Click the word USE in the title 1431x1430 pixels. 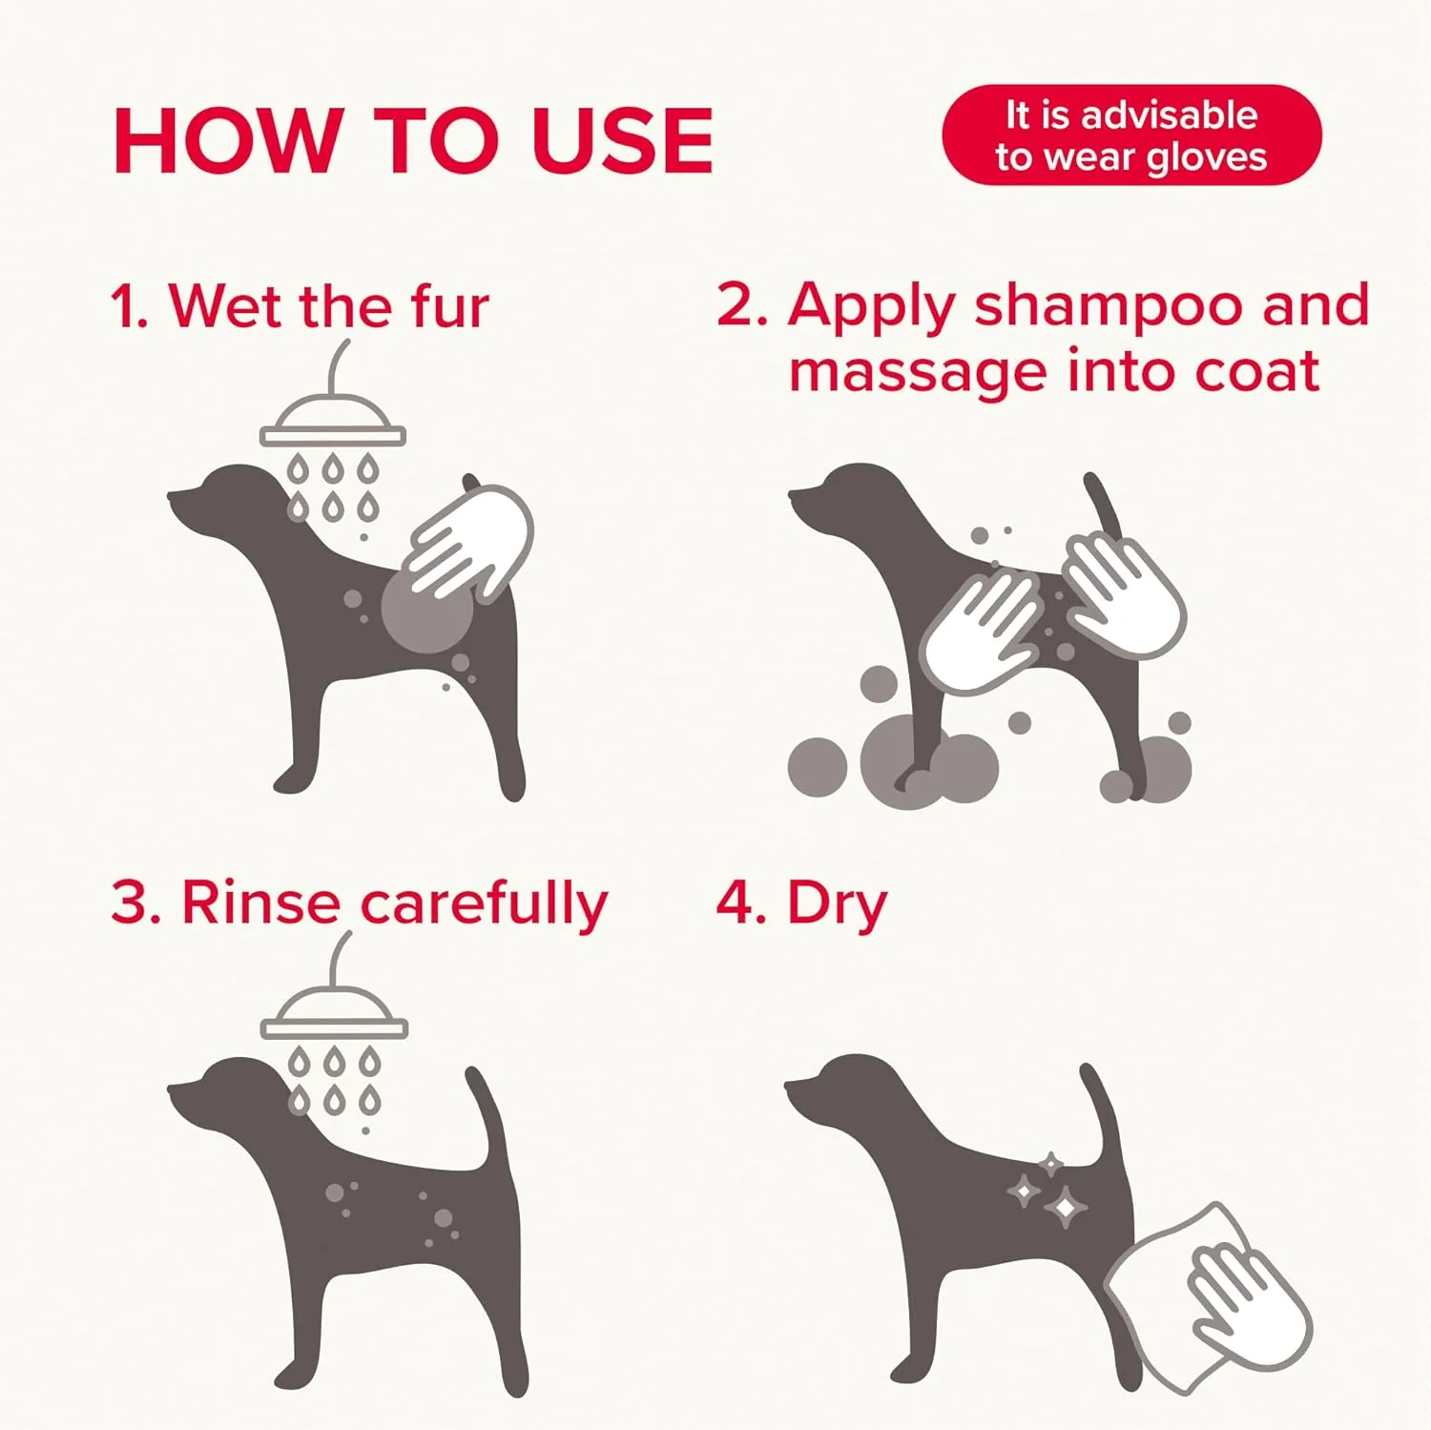pos(622,141)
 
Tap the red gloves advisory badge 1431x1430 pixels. pos(1131,135)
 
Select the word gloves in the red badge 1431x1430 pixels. pos(1206,157)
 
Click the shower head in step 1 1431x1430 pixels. pos(333,425)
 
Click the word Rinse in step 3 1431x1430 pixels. pos(260,902)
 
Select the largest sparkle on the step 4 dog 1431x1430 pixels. pos(1066,1208)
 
